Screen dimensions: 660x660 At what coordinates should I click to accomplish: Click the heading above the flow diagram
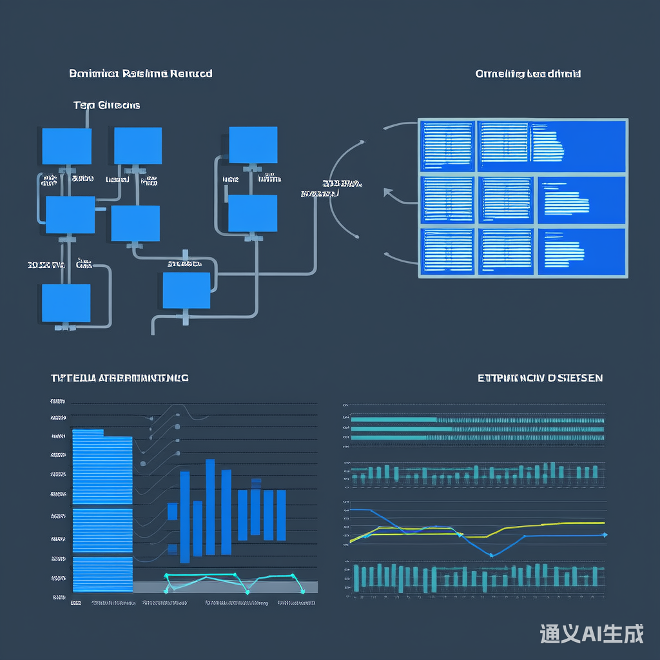point(141,73)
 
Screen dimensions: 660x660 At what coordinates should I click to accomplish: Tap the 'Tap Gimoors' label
point(106,105)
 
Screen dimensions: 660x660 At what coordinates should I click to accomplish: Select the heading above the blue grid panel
point(528,74)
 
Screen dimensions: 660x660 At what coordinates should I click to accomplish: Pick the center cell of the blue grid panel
point(506,200)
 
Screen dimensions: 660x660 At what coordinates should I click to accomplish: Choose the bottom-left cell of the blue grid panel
point(447,251)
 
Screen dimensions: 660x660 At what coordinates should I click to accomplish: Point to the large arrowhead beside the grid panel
point(388,192)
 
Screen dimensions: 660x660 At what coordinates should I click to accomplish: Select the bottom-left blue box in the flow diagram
point(66,303)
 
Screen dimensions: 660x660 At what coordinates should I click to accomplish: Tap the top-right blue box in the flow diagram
point(253,146)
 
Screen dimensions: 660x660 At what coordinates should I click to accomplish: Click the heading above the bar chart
point(119,378)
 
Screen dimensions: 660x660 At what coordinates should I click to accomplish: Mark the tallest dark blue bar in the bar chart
point(210,507)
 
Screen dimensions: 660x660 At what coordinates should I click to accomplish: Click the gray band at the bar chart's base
point(225,587)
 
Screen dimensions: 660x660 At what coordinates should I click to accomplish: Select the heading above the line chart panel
point(540,378)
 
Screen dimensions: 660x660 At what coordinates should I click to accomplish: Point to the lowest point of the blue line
point(491,554)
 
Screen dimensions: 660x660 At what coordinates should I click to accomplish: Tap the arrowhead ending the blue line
point(604,534)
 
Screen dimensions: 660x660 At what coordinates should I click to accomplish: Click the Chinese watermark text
point(591,634)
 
